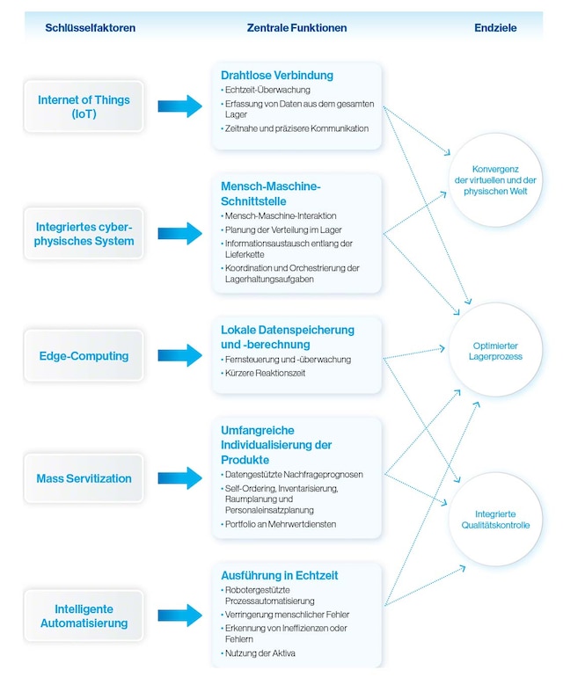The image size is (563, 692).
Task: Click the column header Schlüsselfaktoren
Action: click(91, 28)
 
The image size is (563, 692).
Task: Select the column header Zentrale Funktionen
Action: click(296, 28)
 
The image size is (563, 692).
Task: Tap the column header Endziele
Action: click(495, 28)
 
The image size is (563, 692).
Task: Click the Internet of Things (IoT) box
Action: click(84, 106)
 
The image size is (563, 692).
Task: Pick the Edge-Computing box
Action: click(84, 356)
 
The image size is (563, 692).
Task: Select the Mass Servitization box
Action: click(84, 478)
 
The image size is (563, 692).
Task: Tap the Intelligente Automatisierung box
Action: click(84, 616)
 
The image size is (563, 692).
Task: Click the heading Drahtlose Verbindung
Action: click(277, 75)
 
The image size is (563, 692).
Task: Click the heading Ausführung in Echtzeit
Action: click(280, 575)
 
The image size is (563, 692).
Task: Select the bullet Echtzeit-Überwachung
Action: click(267, 90)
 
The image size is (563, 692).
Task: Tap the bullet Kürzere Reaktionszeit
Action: click(263, 373)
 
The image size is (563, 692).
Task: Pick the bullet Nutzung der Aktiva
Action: click(260, 653)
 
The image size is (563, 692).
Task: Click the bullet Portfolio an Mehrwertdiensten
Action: click(281, 524)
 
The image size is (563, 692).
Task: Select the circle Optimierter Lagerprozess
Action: click(497, 350)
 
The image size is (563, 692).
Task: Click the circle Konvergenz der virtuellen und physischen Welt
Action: click(498, 180)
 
